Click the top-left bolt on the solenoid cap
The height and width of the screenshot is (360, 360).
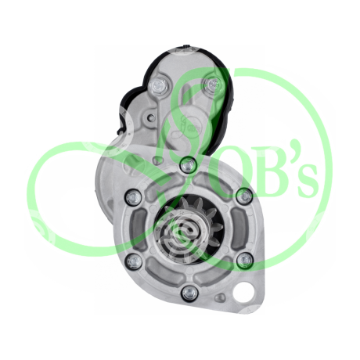coord(159,85)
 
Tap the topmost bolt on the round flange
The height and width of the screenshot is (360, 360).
coord(189,164)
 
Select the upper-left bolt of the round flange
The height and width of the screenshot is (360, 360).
coord(134,198)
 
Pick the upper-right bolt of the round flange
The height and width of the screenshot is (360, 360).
coord(244,196)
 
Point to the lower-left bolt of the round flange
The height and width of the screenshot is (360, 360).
coord(134,261)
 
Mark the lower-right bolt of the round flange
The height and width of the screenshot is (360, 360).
coord(245,260)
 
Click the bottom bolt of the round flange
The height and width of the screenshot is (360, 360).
coord(190,293)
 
